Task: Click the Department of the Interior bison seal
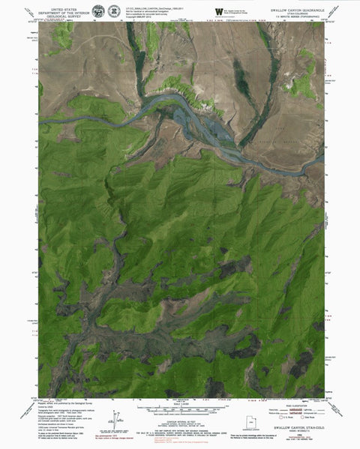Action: coord(95,12)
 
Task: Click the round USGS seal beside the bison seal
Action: coord(113,12)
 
